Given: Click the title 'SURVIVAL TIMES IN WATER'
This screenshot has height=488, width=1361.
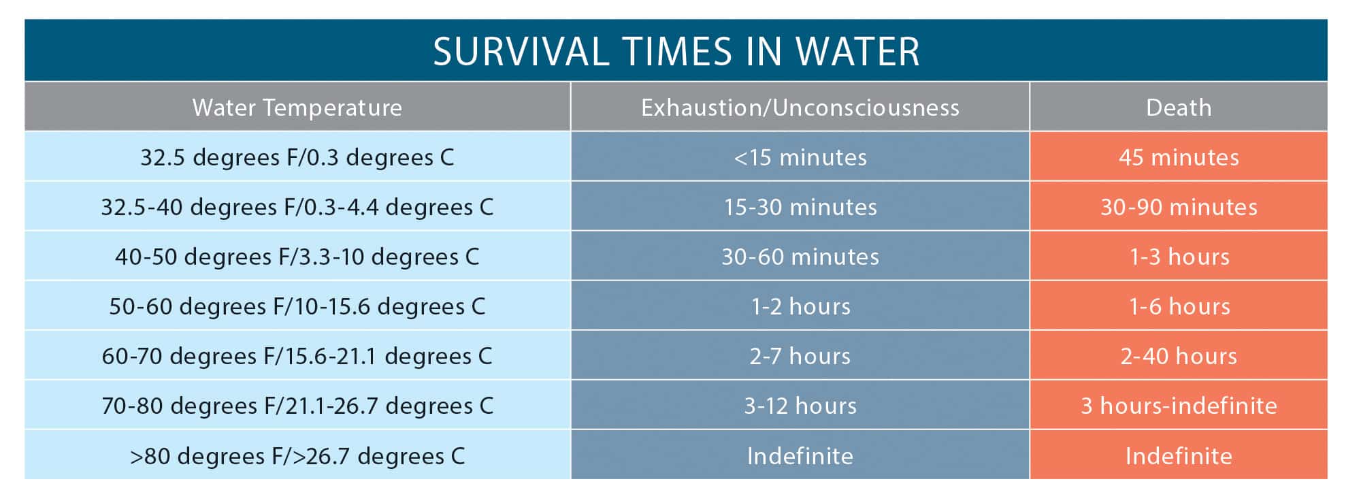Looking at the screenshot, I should coord(676,52).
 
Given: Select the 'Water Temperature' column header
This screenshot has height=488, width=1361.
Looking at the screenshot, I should coord(297,108).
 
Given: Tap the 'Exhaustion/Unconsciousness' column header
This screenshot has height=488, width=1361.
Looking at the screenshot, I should coord(800,108).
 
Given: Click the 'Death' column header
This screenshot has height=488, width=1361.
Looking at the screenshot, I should coord(1179,108).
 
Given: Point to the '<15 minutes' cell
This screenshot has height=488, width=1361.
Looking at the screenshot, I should coord(800,157).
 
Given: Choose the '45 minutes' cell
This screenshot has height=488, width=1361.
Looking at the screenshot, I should coord(1179,157).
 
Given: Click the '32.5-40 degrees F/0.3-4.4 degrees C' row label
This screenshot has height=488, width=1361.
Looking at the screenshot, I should coord(297,207).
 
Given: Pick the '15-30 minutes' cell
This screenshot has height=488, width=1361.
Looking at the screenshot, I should coord(800,207).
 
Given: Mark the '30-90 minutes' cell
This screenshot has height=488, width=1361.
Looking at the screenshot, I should coord(1179,207).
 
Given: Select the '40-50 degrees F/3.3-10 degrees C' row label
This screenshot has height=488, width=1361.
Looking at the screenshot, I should coord(297,257).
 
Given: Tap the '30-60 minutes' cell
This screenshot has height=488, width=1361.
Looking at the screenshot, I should coord(800,257).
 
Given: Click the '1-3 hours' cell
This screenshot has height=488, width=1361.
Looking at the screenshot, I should coord(1179,257).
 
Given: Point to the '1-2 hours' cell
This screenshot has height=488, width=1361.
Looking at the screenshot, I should coord(800,306).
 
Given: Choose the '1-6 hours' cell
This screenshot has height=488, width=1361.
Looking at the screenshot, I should coord(1179,306).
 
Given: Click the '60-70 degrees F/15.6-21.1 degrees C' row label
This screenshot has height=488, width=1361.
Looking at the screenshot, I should coord(297,356).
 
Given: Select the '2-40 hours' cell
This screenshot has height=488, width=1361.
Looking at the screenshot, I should coord(1179,356).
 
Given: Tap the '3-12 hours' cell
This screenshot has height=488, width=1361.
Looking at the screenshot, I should coord(800,406).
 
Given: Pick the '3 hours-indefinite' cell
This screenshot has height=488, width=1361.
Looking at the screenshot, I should coord(1179,406).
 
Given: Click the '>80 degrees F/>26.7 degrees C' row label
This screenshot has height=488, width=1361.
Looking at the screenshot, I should coord(297,455).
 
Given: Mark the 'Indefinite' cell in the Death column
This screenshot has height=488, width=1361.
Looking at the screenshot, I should coord(1179,455).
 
